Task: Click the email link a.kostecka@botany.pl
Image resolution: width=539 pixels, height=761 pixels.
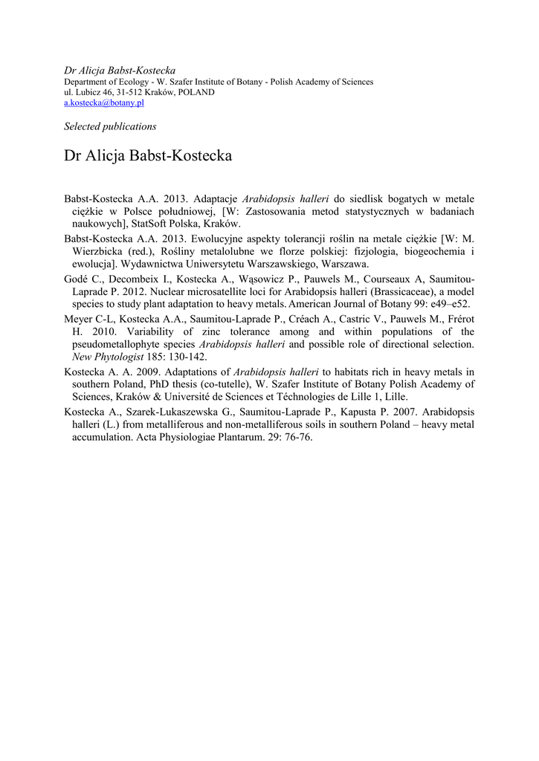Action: point(104,103)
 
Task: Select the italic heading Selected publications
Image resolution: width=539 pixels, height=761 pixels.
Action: point(110,126)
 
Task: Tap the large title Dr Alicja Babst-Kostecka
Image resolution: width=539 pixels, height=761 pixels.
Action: point(148,156)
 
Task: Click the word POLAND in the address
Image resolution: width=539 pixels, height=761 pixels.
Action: point(195,93)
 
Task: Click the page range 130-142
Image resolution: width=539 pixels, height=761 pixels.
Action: point(184,357)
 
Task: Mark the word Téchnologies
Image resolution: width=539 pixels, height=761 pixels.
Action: point(295,398)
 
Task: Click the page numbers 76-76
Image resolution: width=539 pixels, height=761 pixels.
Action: point(297,438)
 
